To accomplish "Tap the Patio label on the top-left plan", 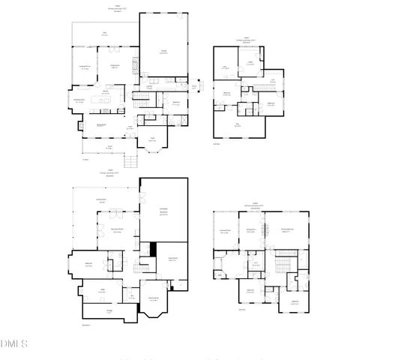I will point(105,34).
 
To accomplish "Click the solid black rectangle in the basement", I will point(153,249).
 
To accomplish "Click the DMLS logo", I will point(14,343).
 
